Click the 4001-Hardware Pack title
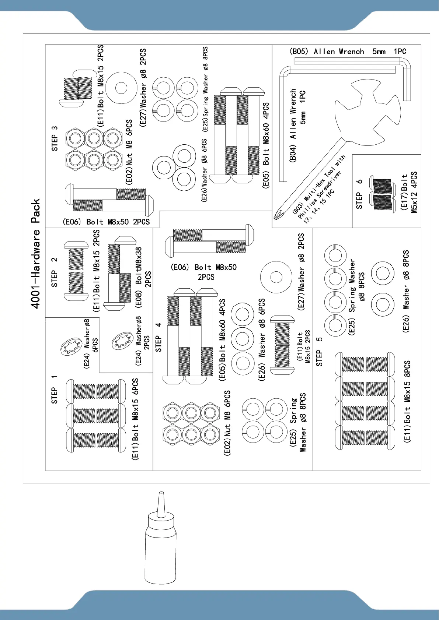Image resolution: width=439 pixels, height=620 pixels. (x=35, y=254)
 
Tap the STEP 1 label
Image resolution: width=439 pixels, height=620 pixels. (x=55, y=390)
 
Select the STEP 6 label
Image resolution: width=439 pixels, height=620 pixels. (x=359, y=194)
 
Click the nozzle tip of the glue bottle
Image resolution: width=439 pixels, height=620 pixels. (x=160, y=494)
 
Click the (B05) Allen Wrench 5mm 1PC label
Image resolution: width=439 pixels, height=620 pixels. (x=348, y=52)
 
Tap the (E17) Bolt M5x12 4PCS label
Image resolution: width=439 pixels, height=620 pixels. (x=409, y=191)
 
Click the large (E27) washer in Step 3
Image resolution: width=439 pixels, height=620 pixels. (x=121, y=88)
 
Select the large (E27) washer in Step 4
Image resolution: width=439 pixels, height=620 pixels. (x=276, y=277)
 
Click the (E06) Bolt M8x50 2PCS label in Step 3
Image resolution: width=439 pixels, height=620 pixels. (x=106, y=222)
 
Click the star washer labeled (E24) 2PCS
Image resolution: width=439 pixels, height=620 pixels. (x=122, y=341)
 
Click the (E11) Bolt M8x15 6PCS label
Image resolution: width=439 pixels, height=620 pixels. (x=135, y=419)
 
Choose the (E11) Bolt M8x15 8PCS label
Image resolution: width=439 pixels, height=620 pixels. (x=407, y=401)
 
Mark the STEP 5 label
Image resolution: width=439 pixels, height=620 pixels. (x=319, y=352)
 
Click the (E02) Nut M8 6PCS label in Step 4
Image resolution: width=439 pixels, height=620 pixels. (x=227, y=423)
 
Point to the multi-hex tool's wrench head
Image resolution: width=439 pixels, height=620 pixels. (x=367, y=114)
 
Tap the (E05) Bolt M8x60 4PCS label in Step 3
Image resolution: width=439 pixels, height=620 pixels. (x=266, y=145)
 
